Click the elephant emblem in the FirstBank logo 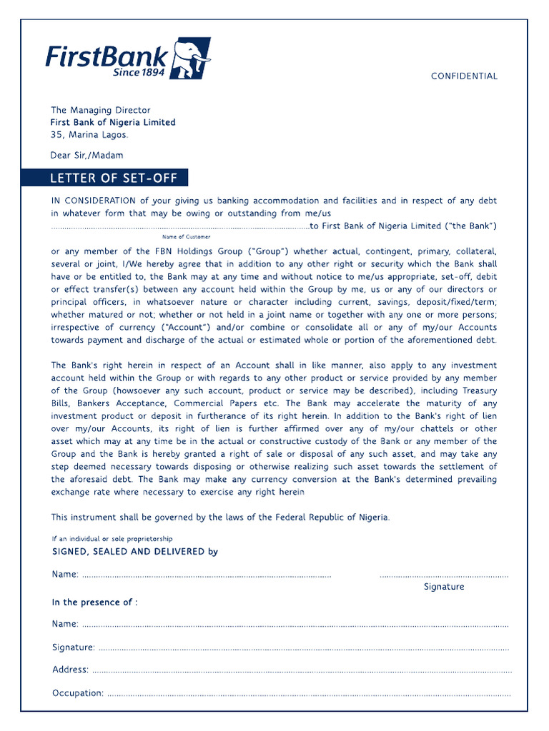[x=192, y=59]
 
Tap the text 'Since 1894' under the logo [x=139, y=72]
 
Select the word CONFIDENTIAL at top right [x=464, y=76]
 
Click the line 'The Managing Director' [x=100, y=110]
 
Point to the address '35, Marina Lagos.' [x=89, y=134]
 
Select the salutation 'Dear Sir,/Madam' [x=86, y=155]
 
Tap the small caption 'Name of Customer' [x=186, y=236]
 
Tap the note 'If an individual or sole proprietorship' [x=112, y=538]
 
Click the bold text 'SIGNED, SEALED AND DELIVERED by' [x=135, y=552]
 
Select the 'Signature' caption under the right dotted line [x=444, y=587]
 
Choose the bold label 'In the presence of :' [x=94, y=603]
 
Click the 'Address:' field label [x=70, y=670]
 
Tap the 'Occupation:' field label [x=78, y=693]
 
